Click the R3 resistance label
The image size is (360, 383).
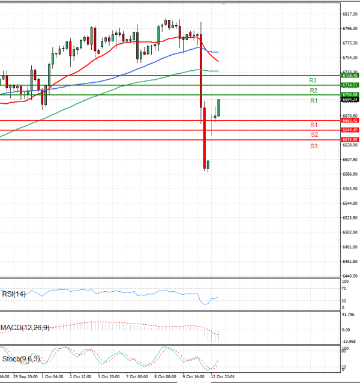tap(313, 80)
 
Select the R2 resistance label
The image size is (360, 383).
tap(313, 90)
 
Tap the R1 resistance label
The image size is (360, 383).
tap(313, 101)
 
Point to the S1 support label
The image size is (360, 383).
tap(314, 124)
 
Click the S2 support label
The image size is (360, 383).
tap(314, 134)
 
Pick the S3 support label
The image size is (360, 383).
tap(314, 146)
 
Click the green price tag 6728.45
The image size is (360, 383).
tap(350, 76)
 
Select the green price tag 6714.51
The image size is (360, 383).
tap(350, 85)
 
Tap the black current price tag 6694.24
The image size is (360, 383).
tap(350, 100)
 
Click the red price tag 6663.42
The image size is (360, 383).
tap(350, 121)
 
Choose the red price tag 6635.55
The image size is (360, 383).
tap(350, 139)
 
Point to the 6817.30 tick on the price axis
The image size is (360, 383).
tap(350, 14)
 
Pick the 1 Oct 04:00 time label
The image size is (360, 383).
tap(52, 376)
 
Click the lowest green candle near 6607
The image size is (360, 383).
tap(208, 164)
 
